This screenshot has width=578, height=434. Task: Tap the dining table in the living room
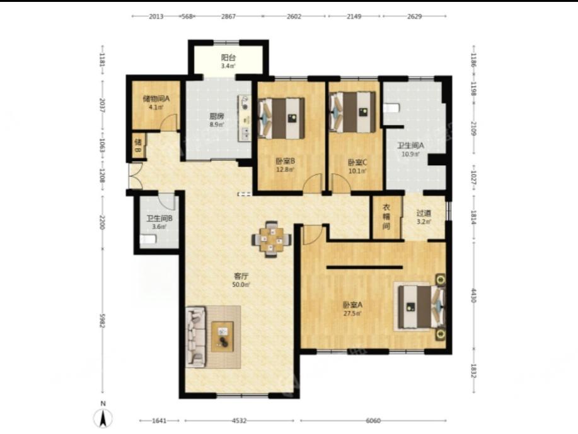pos(271,239)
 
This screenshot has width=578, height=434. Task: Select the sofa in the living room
pos(195,337)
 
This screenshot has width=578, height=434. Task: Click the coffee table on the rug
pos(223,337)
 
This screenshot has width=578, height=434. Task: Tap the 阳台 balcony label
pos(229,57)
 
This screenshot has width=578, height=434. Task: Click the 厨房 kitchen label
pos(217,116)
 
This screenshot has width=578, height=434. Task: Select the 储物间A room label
pos(156,99)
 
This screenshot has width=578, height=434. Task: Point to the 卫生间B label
pos(159,218)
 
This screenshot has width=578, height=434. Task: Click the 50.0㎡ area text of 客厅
pos(241,284)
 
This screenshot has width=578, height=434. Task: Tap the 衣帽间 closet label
pos(386,216)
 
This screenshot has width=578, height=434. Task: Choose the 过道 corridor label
pos(424,213)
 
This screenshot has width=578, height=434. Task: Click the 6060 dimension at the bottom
pos(373,421)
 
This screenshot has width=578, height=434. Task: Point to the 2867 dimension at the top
pos(228,16)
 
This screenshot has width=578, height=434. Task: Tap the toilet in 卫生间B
pos(148,240)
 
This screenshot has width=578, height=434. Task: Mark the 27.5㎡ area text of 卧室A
pos(352,314)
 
